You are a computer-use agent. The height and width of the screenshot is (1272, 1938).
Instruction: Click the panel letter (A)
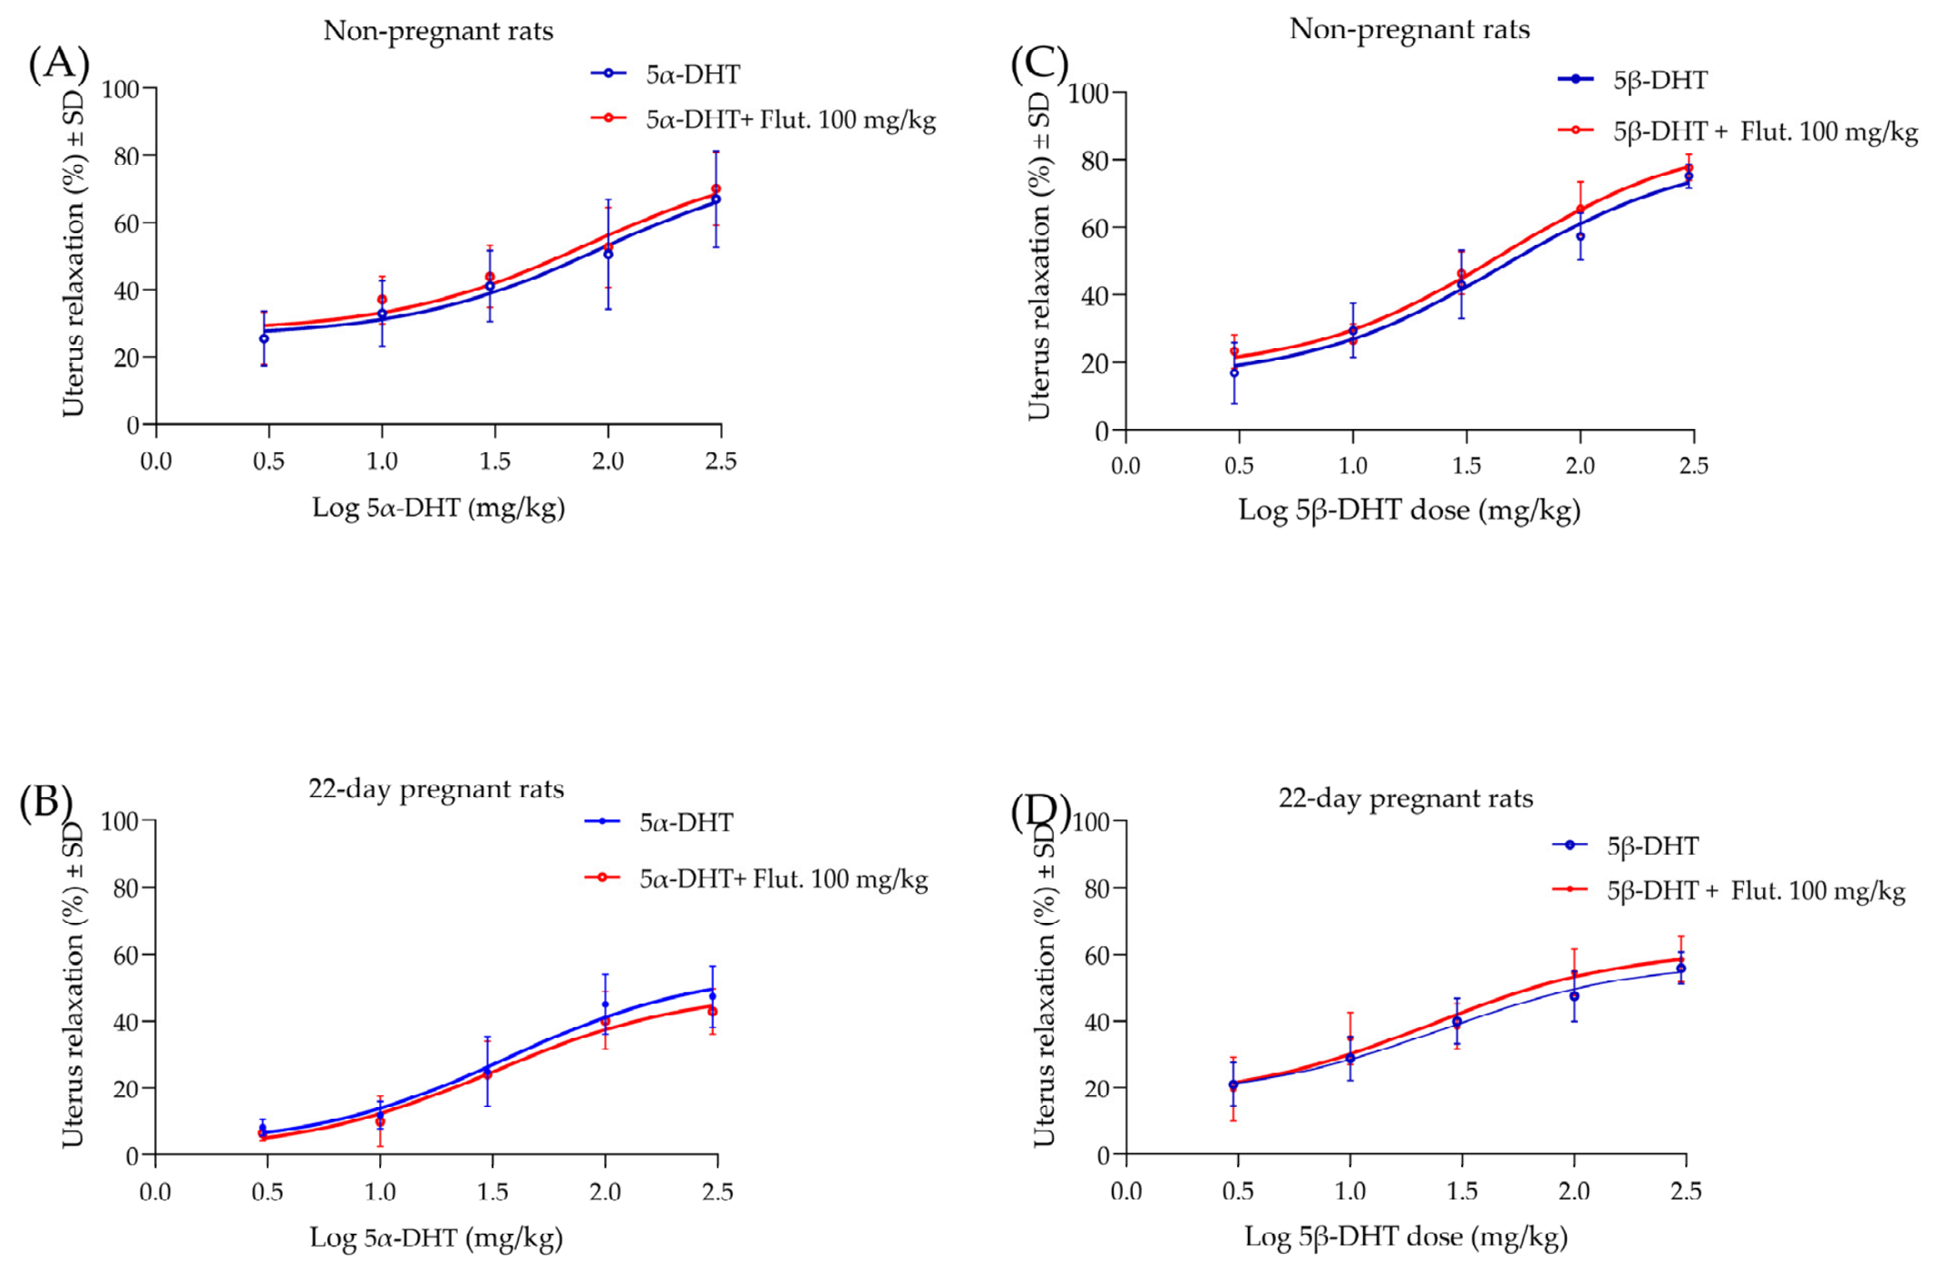click(x=59, y=63)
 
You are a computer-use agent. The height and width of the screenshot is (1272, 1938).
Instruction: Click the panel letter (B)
click(x=46, y=801)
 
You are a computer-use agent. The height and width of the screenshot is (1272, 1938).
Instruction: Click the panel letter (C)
click(x=1039, y=63)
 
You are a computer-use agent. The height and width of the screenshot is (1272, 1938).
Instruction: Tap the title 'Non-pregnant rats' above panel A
click(x=438, y=31)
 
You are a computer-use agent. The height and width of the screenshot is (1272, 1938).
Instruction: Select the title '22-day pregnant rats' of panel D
click(x=1406, y=798)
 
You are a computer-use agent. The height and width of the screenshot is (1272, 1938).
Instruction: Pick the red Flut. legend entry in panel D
click(x=1729, y=890)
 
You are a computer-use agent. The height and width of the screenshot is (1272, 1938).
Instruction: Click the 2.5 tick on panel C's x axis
click(x=1693, y=466)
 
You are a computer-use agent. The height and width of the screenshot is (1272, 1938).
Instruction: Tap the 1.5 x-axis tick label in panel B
click(x=492, y=1191)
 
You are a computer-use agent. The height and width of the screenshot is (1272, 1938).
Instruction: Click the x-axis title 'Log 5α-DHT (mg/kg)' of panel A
click(x=439, y=507)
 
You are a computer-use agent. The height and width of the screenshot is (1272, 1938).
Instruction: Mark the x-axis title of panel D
click(x=1406, y=1237)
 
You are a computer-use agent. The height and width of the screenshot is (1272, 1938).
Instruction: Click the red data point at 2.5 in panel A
click(x=716, y=189)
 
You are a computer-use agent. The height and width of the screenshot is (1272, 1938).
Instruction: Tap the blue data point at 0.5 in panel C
click(x=1234, y=373)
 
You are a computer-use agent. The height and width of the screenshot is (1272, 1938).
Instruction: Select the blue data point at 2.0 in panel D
click(x=1574, y=996)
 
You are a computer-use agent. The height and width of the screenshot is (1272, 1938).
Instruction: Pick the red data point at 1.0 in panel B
click(x=380, y=1121)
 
